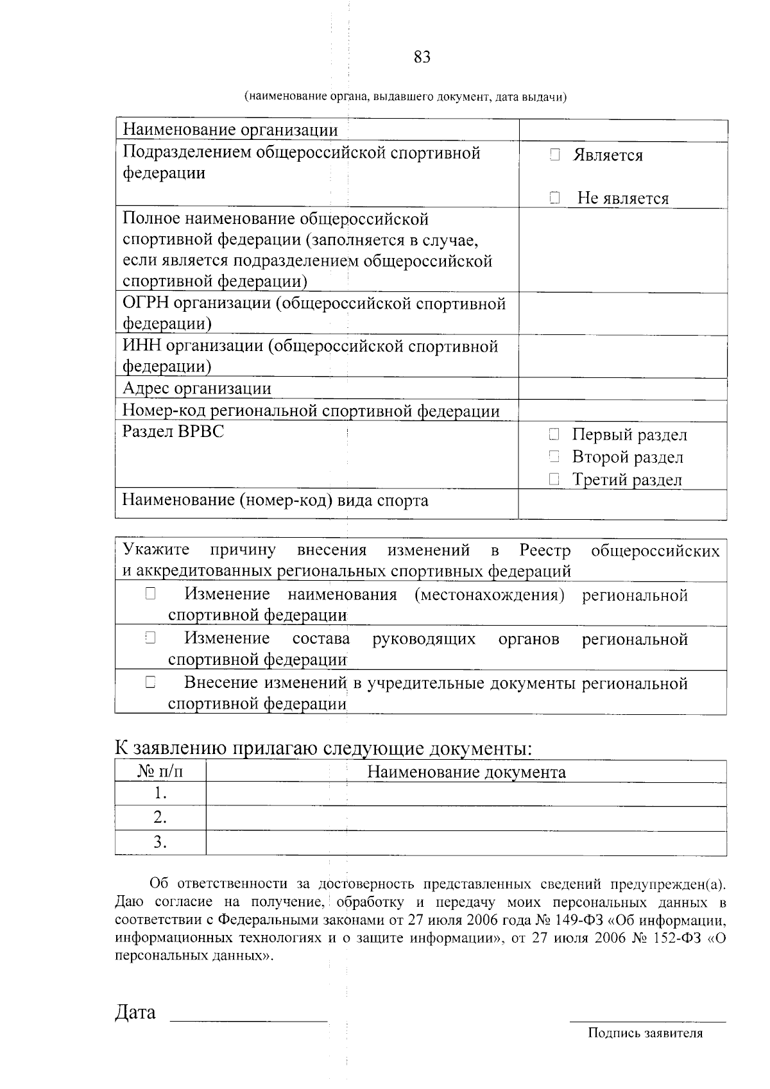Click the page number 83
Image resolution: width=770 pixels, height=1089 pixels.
422,57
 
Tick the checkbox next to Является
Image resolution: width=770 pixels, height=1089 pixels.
555,155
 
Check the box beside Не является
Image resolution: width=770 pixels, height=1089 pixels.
555,198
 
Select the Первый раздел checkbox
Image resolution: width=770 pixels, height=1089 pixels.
554,434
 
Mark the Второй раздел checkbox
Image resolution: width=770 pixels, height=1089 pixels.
554,457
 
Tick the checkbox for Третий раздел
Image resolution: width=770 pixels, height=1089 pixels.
554,479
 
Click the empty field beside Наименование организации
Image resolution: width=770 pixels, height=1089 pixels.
622,130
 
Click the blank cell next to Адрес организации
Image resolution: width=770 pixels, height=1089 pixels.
622,388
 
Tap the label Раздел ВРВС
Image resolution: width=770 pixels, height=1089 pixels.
173,431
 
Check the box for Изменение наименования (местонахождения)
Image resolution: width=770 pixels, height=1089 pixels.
150,594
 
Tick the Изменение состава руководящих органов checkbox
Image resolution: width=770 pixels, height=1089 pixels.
150,638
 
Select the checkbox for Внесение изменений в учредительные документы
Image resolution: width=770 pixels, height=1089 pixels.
150,683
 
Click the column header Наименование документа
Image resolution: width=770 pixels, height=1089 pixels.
466,771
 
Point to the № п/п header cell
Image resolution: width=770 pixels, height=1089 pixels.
160,771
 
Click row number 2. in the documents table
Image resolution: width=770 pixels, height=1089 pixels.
160,818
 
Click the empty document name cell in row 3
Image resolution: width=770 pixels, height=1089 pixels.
466,842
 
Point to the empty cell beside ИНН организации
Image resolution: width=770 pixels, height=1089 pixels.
622,356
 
